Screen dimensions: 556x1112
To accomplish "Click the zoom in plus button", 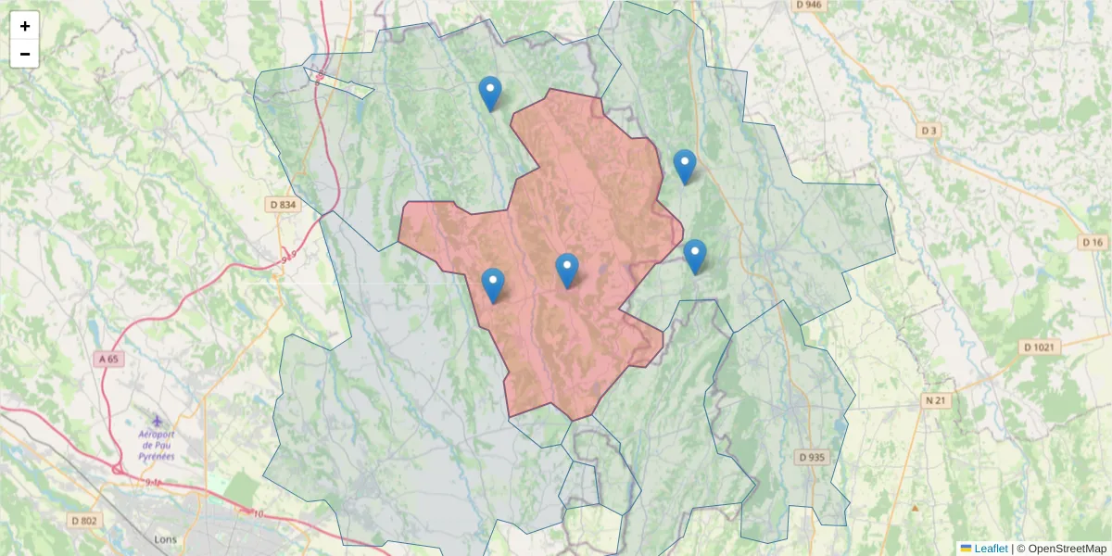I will click(x=25, y=26).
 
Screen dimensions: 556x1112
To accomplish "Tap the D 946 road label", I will click(x=808, y=5).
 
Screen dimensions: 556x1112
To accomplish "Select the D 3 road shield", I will click(x=929, y=131).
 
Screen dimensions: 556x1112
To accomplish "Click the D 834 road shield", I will click(x=284, y=204).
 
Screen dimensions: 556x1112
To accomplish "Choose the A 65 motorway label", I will click(x=110, y=358).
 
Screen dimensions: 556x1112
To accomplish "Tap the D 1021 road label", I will click(x=1039, y=347).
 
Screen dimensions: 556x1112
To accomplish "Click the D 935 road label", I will click(x=811, y=457).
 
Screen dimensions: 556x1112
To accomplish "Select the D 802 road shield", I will click(x=82, y=521).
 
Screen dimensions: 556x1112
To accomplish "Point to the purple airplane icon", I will click(x=157, y=422).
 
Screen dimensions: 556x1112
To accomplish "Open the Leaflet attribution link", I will click(x=991, y=549).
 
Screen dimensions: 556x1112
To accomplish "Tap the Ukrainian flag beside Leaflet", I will click(x=966, y=549).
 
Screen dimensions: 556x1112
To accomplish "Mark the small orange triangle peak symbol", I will click(x=916, y=508).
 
